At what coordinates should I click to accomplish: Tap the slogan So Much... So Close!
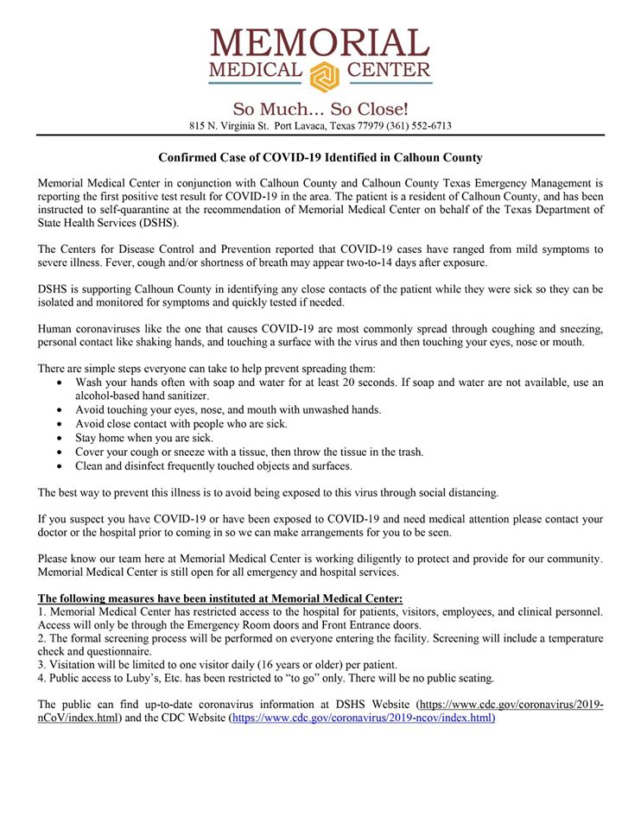[320, 110]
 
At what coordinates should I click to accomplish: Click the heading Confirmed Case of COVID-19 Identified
[320, 158]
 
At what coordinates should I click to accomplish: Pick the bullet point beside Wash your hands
[59, 383]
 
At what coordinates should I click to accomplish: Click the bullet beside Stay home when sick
[59, 439]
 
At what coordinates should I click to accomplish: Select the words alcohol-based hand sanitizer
[142, 396]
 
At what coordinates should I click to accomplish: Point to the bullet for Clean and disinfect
[59, 467]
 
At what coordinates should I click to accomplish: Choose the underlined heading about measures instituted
[220, 598]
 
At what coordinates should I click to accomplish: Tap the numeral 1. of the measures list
[42, 611]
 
